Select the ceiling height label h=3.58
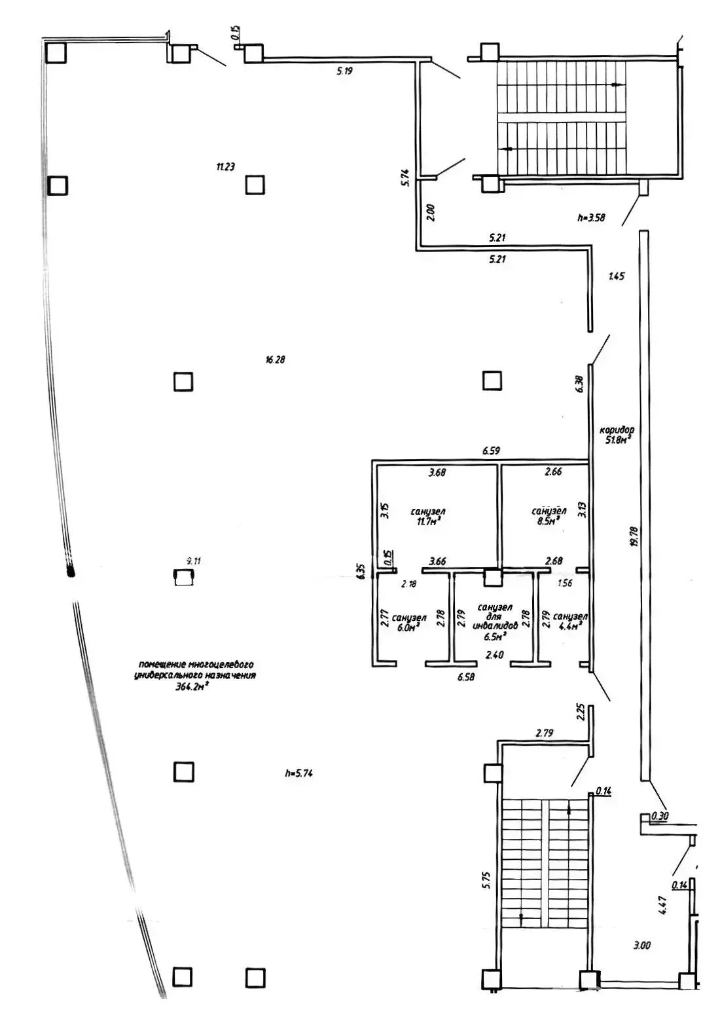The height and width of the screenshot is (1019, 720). [x=591, y=218]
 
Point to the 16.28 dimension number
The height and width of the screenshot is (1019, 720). [x=276, y=360]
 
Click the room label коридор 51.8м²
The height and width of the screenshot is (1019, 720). [x=617, y=435]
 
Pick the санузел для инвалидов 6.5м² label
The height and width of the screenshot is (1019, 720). [x=495, y=621]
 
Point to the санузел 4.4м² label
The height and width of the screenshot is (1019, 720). [x=569, y=621]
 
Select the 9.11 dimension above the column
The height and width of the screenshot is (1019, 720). [x=194, y=561]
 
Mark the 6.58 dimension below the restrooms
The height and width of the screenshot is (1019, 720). [x=465, y=678]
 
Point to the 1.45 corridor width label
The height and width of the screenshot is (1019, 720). [x=616, y=276]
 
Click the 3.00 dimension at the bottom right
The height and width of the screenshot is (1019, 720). [x=641, y=945]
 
